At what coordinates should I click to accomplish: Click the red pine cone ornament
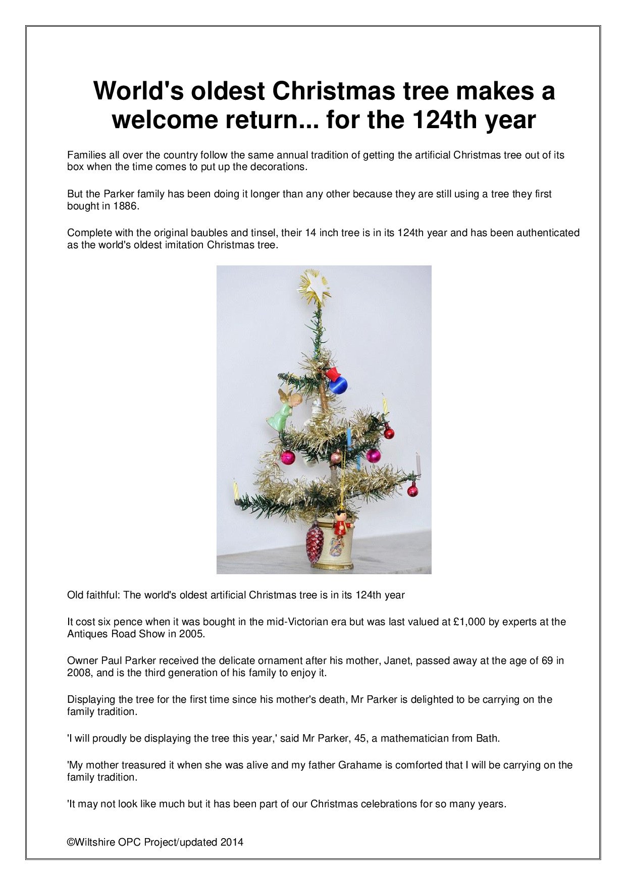click(315, 543)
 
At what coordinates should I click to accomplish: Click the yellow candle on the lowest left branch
click(235, 491)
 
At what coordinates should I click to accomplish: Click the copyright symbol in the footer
click(71, 842)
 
